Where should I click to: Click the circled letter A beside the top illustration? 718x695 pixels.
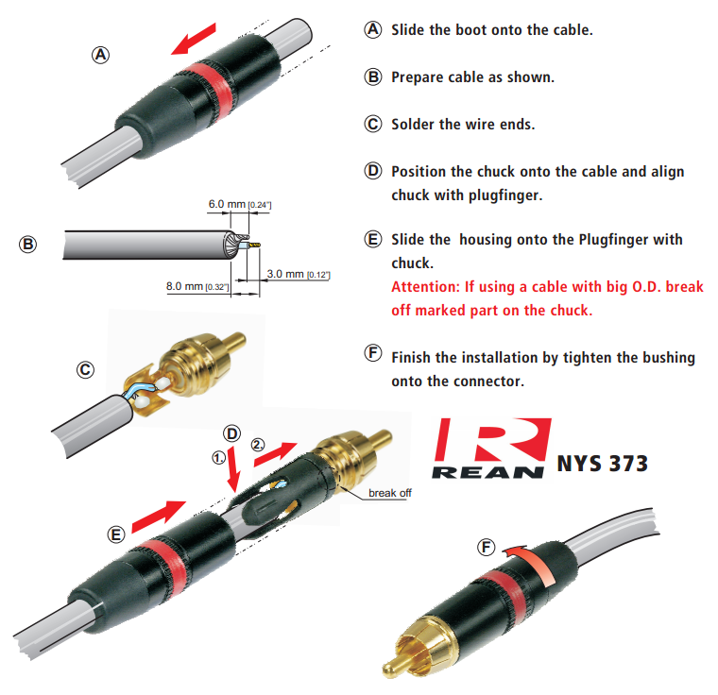click(101, 55)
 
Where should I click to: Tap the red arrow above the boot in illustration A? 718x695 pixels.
click(194, 39)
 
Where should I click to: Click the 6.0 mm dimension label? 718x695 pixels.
click(240, 204)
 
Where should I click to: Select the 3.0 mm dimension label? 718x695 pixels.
click(299, 274)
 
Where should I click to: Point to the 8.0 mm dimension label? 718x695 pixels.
click(197, 287)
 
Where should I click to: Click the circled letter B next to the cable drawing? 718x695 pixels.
click(28, 244)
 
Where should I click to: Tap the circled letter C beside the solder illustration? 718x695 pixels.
click(85, 370)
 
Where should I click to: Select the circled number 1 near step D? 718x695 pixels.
click(219, 457)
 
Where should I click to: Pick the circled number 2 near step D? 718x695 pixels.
click(258, 444)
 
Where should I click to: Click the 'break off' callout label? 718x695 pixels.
click(389, 493)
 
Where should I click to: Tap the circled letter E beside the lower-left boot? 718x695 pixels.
click(116, 534)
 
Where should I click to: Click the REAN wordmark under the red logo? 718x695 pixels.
click(488, 472)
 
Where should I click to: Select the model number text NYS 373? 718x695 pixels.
click(602, 464)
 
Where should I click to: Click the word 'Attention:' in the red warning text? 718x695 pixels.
click(425, 287)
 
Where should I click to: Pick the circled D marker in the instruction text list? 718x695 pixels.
click(373, 171)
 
